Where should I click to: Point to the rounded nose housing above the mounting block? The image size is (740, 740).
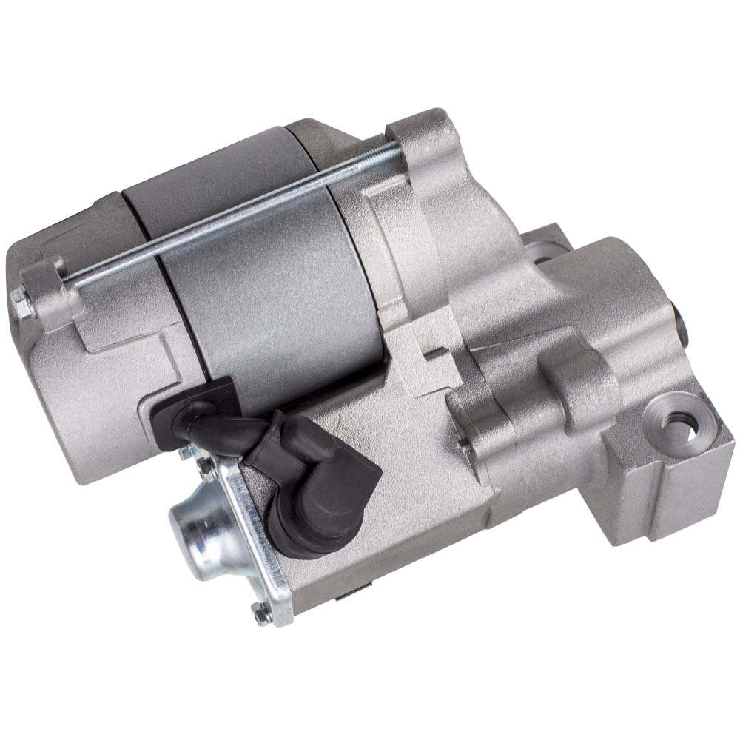[614, 296]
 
